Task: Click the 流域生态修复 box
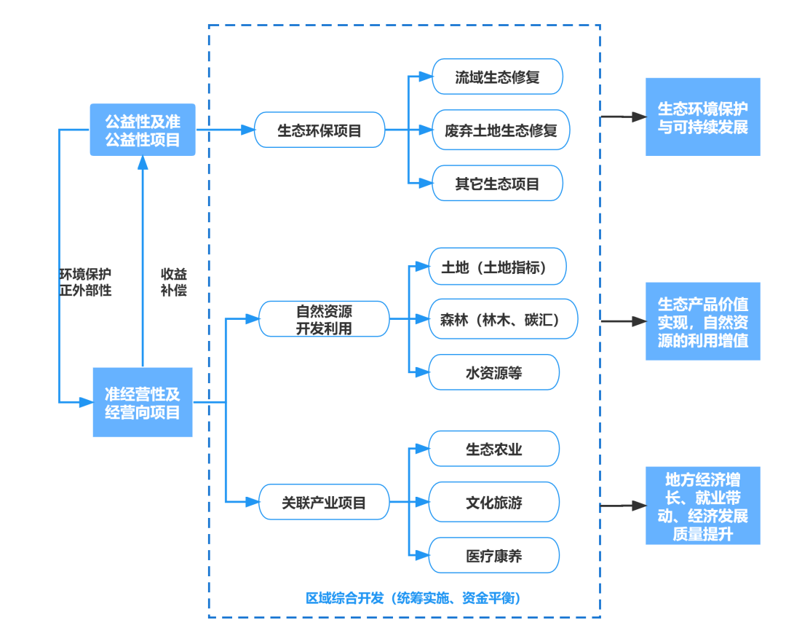click(x=497, y=76)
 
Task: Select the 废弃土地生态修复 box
click(x=501, y=130)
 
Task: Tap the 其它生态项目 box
click(x=497, y=184)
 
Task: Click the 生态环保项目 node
click(x=319, y=130)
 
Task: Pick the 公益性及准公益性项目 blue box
click(x=143, y=130)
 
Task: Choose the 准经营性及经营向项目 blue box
click(x=143, y=402)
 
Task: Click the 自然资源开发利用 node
click(x=324, y=319)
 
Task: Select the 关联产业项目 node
click(x=324, y=502)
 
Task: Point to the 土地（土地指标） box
click(x=497, y=267)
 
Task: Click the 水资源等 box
click(x=494, y=373)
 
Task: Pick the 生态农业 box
click(x=494, y=449)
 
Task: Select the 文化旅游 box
click(x=494, y=502)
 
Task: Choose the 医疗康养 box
click(x=494, y=556)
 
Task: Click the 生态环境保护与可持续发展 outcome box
click(x=702, y=117)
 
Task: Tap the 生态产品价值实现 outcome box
click(x=702, y=321)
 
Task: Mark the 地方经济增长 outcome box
click(x=702, y=506)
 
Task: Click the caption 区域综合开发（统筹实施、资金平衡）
click(x=413, y=598)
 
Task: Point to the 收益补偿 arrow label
click(x=173, y=282)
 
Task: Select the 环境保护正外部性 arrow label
click(x=86, y=282)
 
